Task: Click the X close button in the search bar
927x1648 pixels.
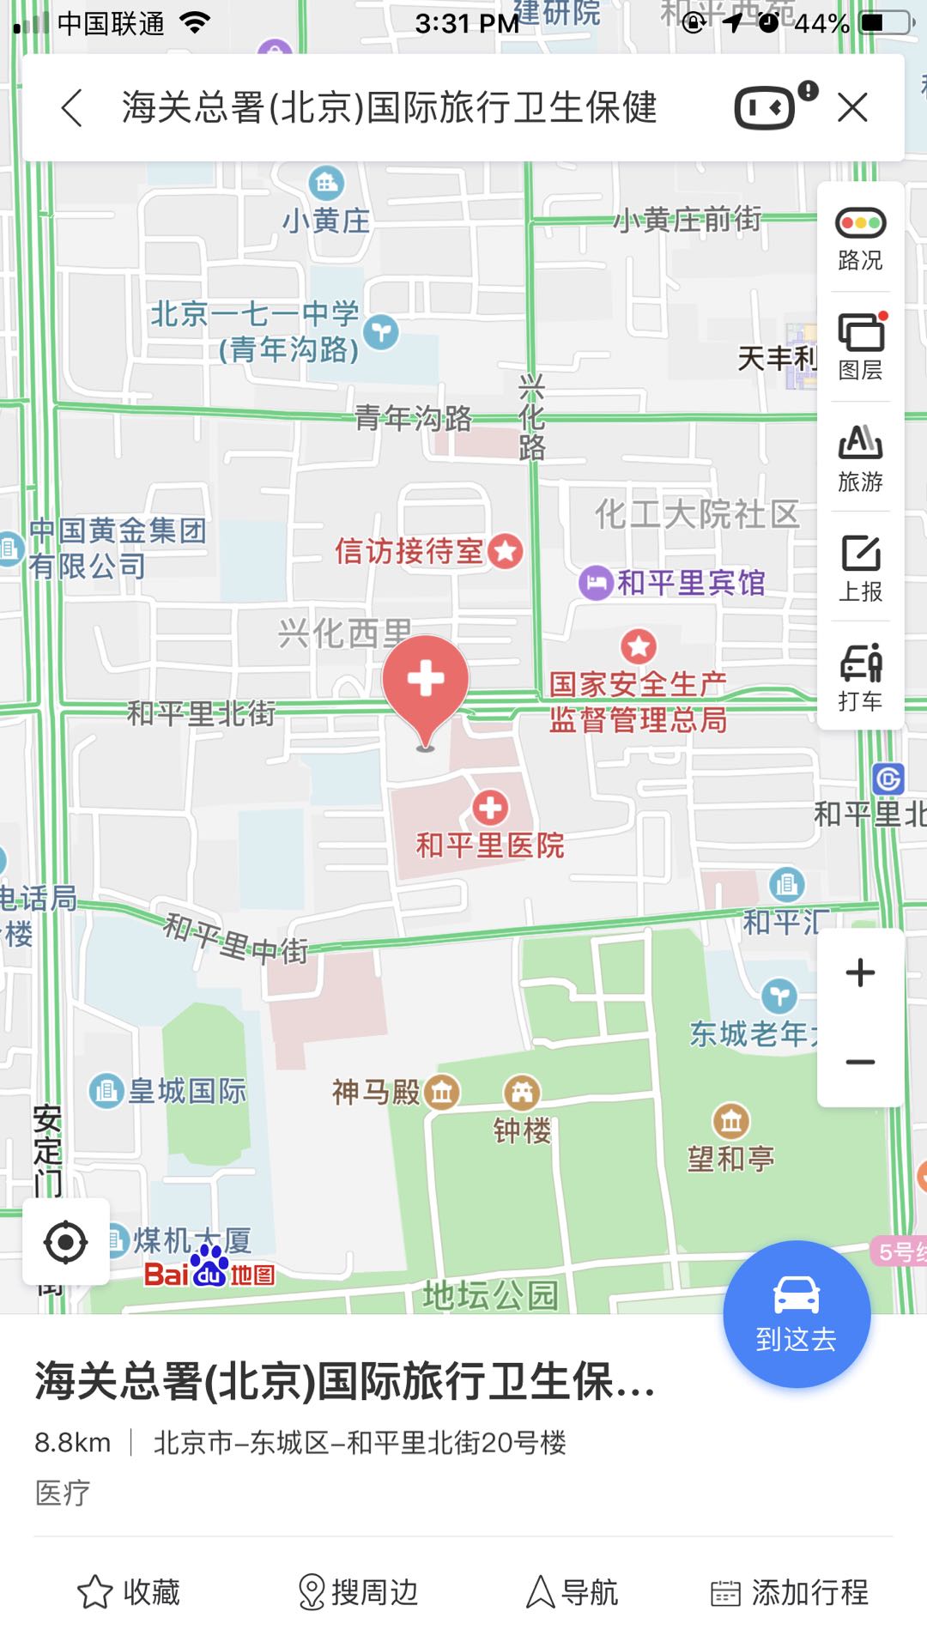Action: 852,108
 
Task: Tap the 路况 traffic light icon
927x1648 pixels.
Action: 860,223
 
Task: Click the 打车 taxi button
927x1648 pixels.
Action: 860,677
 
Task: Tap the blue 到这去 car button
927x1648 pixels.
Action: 797,1314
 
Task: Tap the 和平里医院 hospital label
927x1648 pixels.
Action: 490,845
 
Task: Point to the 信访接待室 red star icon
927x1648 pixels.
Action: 506,551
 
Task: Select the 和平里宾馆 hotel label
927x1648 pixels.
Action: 690,583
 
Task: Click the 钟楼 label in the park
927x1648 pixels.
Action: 522,1130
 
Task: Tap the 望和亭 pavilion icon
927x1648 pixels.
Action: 730,1120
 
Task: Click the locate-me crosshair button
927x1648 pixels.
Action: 65,1242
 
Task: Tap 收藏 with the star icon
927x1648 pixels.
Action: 129,1592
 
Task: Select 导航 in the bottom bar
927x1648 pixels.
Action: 572,1592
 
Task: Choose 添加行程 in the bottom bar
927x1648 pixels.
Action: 790,1592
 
